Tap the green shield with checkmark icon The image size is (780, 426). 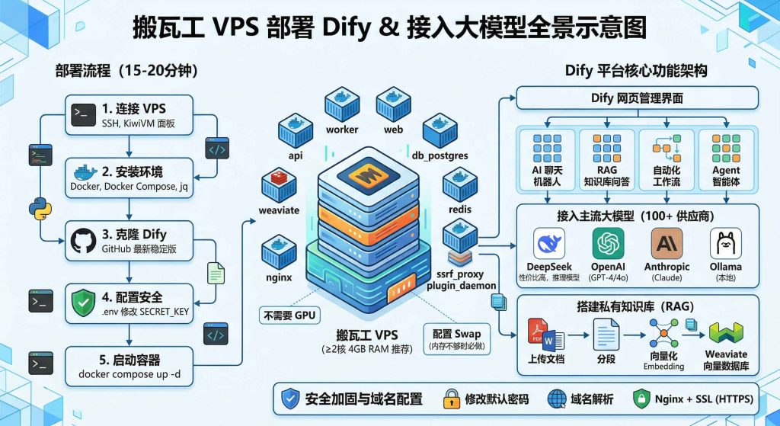(83, 302)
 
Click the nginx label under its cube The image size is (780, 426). (280, 277)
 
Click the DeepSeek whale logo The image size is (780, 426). (549, 245)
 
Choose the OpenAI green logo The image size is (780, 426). (608, 245)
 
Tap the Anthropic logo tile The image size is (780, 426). (667, 245)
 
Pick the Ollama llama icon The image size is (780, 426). (725, 245)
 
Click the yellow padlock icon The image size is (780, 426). (451, 398)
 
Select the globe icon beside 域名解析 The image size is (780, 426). (557, 398)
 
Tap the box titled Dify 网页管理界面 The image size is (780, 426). (638, 98)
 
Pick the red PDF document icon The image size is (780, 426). (538, 330)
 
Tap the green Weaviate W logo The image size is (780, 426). (725, 332)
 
